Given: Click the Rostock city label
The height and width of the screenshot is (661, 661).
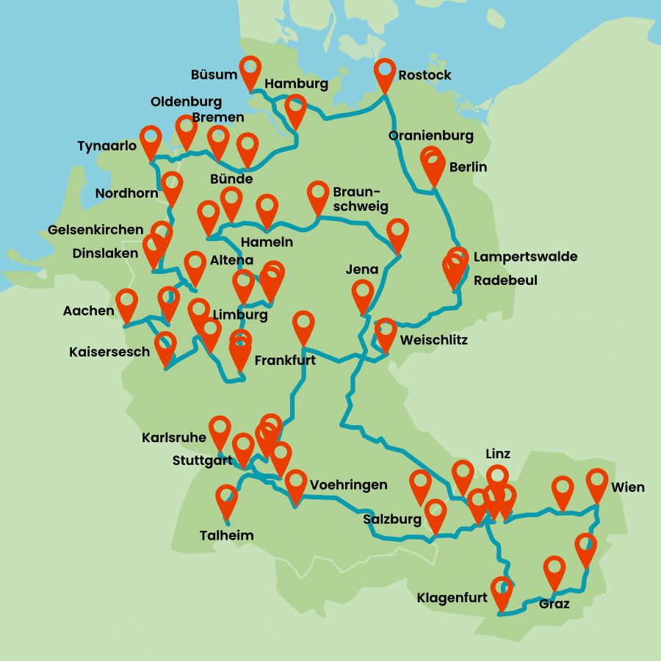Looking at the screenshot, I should [425, 75].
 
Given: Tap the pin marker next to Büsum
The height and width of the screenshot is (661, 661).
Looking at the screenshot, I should [250, 70].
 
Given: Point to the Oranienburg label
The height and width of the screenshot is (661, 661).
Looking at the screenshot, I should [431, 136].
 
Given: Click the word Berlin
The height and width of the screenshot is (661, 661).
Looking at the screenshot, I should [468, 167].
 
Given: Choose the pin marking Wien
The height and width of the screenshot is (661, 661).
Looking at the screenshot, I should [597, 483].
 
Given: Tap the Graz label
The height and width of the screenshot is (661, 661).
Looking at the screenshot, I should [554, 604].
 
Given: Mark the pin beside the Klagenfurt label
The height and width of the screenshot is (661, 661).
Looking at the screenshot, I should [502, 590].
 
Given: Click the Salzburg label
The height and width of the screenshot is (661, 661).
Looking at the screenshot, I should [392, 520].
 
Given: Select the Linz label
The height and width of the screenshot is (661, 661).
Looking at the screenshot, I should [498, 453].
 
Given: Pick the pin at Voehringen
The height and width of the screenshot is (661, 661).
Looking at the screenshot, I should [296, 483].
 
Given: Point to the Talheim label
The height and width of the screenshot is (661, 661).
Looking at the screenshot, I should [227, 535].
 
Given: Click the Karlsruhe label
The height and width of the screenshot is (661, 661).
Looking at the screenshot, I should [174, 438].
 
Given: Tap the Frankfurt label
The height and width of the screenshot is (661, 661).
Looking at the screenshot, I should [285, 361].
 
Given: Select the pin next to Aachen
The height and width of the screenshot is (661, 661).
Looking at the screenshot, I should [127, 303].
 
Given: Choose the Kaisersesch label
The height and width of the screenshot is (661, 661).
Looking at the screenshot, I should [109, 352].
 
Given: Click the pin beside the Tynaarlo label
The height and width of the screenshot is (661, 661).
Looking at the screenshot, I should [151, 140].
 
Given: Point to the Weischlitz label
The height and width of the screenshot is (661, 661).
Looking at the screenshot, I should [433, 341].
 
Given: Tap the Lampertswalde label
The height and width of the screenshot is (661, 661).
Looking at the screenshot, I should [525, 257].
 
